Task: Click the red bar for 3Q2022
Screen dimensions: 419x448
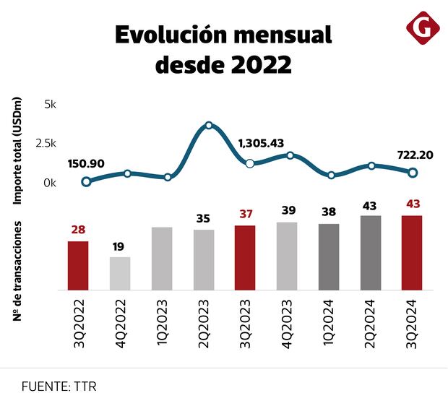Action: pyautogui.click(x=78, y=265)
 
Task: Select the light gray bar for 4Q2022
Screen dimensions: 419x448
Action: pyautogui.click(x=120, y=273)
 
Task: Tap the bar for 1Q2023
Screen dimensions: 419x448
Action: pyautogui.click(x=162, y=259)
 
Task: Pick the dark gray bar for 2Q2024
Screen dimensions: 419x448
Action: pyautogui.click(x=371, y=252)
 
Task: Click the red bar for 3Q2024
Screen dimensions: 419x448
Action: pyautogui.click(x=412, y=252)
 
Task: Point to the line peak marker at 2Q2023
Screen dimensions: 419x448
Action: pyautogui.click(x=209, y=126)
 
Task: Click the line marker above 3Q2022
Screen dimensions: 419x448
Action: pyautogui.click(x=87, y=182)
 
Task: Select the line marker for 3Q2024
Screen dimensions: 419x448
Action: pyautogui.click(x=413, y=173)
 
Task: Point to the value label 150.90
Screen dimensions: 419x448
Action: pyautogui.click(x=86, y=164)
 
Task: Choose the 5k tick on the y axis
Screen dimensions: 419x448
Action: pyautogui.click(x=50, y=104)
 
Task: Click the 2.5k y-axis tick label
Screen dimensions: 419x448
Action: pyautogui.click(x=45, y=143)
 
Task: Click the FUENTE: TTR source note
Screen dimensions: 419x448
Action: pyautogui.click(x=59, y=386)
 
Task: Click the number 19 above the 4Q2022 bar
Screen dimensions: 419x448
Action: pyautogui.click(x=119, y=246)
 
